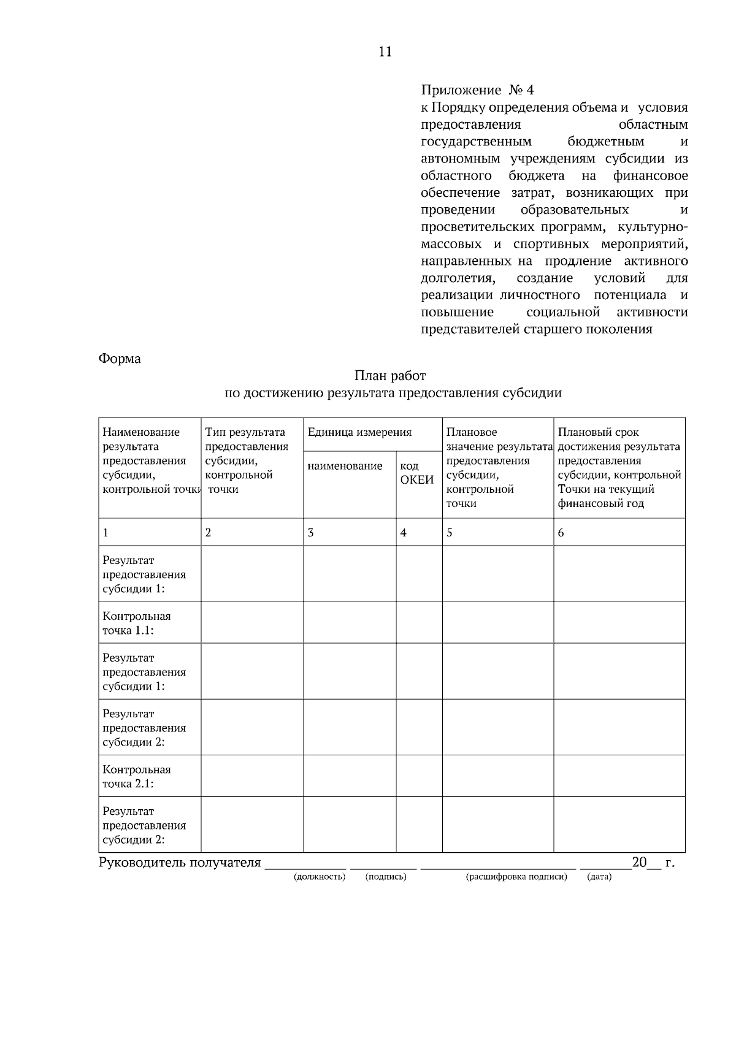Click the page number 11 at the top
click(385, 51)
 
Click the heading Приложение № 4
click(477, 90)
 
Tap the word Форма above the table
click(120, 359)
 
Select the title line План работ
click(389, 375)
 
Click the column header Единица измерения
click(359, 432)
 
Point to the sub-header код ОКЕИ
click(416, 473)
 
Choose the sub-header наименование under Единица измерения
click(345, 466)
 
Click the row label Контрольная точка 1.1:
click(137, 623)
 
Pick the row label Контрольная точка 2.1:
click(137, 776)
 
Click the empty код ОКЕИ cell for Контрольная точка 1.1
click(419, 622)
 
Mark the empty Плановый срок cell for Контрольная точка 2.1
click(619, 776)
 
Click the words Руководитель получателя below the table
click(180, 863)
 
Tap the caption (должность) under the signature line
click(320, 877)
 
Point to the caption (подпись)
click(386, 877)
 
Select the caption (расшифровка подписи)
click(516, 877)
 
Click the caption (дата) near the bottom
click(599, 877)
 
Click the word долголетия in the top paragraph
click(458, 278)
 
